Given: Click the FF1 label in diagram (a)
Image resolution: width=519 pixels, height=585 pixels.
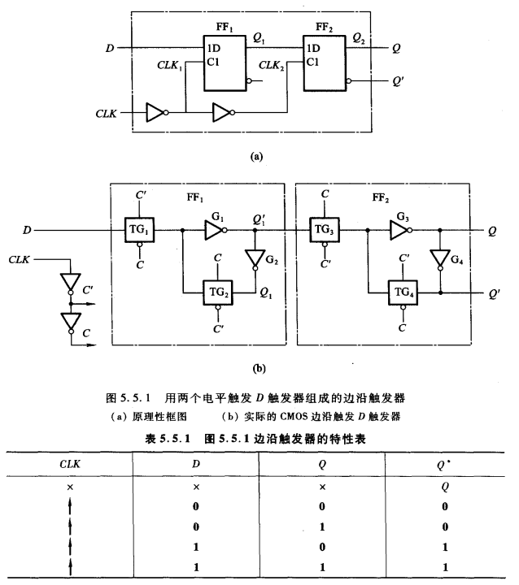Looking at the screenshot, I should (224, 26).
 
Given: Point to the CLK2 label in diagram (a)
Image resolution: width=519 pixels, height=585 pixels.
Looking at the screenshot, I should (272, 63).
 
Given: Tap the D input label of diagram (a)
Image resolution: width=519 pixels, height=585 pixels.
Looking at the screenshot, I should (109, 48).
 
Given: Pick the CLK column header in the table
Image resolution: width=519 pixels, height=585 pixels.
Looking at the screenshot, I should (72, 463).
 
